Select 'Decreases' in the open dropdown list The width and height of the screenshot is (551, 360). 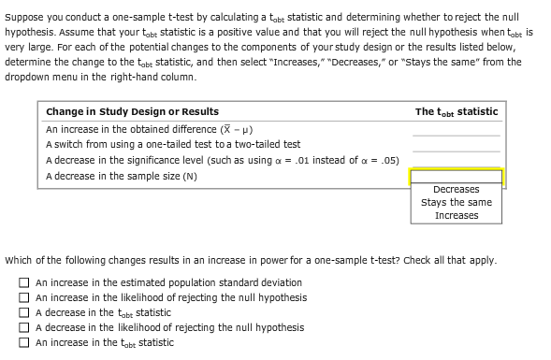click(457, 190)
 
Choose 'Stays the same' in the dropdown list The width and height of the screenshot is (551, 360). click(457, 202)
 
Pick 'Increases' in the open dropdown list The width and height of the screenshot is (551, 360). click(457, 215)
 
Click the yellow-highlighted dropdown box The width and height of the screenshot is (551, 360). click(457, 176)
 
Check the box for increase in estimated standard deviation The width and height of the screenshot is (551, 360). click(24, 282)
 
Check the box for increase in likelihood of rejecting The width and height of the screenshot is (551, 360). click(24, 297)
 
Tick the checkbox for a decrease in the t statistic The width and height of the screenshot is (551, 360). click(24, 312)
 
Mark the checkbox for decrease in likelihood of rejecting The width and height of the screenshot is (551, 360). click(24, 327)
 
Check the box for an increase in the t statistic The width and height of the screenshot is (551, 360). click(24, 342)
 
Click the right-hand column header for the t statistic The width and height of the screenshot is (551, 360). click(457, 112)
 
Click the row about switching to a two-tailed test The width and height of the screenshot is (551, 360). click(173, 145)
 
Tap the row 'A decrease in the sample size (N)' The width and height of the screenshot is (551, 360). click(122, 176)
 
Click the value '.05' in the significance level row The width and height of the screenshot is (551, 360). click(390, 160)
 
